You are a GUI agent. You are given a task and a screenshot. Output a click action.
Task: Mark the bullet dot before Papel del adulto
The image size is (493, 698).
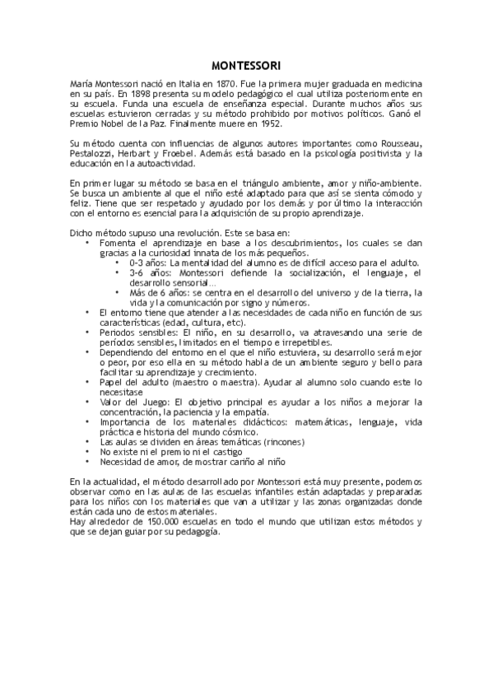pyautogui.click(x=88, y=381)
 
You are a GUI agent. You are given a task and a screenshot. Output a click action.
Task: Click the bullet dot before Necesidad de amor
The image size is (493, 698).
pyautogui.click(x=88, y=461)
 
